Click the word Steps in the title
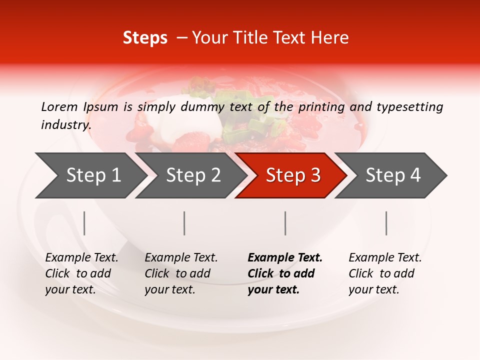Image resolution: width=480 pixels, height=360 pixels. point(145,38)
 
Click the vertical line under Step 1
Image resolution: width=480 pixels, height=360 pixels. point(84,223)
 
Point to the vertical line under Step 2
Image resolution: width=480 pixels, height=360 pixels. point(184,223)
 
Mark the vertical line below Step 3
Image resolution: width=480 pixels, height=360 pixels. point(285,223)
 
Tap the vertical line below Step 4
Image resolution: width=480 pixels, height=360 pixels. point(386,223)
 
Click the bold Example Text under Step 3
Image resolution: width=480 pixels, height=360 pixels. point(285,273)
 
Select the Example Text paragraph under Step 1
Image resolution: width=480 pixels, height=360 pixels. point(81,273)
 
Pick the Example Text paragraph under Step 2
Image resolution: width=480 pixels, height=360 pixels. point(181,273)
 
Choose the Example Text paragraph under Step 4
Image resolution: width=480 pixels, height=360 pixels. point(385,273)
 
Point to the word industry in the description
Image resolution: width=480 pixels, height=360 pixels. point(65,125)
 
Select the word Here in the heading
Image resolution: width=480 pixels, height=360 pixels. point(329,38)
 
